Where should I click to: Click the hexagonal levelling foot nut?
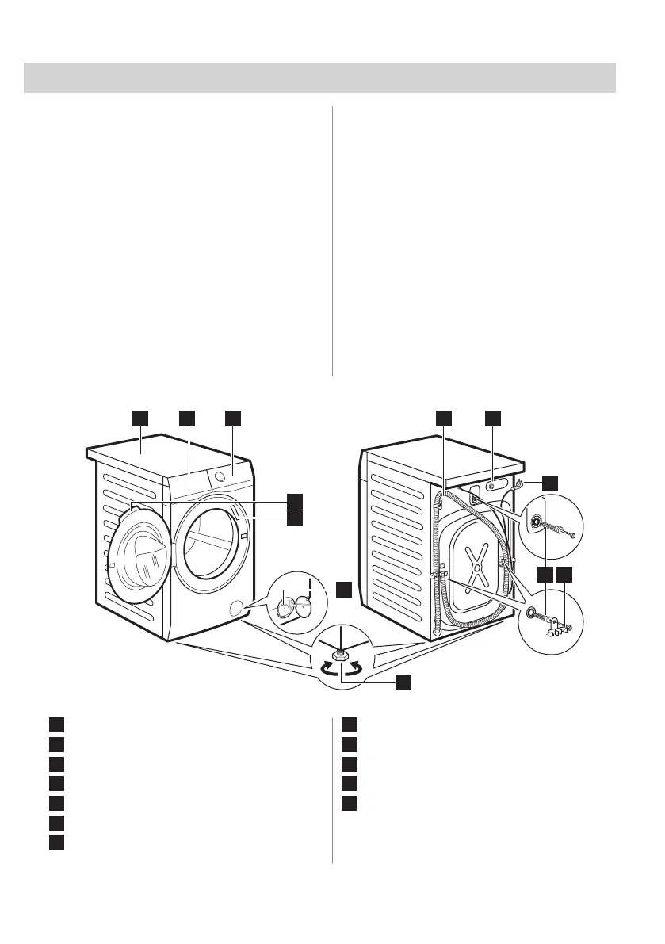(x=339, y=655)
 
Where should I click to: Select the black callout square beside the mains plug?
(x=549, y=483)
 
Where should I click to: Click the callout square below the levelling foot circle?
(x=403, y=682)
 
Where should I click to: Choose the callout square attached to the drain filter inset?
(x=342, y=589)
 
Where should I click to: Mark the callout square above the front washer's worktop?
(x=139, y=417)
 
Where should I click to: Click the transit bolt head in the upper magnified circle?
(x=537, y=522)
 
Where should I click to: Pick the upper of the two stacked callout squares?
(x=295, y=500)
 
